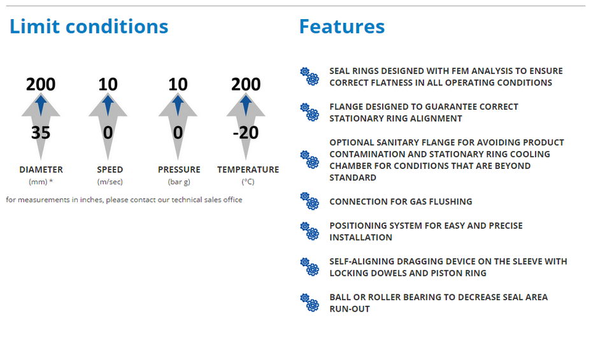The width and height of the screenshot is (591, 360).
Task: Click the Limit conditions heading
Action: point(89,26)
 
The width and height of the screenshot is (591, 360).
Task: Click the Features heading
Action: point(342,26)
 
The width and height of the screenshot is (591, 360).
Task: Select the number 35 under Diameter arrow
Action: point(41,133)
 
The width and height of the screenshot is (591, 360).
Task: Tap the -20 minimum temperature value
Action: point(246,133)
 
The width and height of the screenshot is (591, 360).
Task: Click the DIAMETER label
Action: point(41,169)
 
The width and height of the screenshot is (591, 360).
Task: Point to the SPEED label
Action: point(110,169)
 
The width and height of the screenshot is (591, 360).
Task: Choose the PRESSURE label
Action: point(179,169)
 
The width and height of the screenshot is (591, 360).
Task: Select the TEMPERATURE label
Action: point(248,169)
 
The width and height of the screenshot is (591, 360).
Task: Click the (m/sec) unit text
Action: point(110,182)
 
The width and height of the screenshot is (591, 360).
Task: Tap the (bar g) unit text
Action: point(179,182)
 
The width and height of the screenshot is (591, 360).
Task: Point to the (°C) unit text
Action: point(248,182)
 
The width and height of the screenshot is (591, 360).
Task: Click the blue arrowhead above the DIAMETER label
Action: point(41,104)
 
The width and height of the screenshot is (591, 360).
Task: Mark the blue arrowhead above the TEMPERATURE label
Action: point(246,104)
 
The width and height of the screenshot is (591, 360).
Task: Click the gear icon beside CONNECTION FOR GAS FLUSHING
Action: point(310,201)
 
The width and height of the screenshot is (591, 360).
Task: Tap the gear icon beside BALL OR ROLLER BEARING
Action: point(310,303)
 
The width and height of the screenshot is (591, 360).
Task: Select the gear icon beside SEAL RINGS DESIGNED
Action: point(310,76)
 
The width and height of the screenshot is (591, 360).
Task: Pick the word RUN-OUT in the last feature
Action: point(350,309)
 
